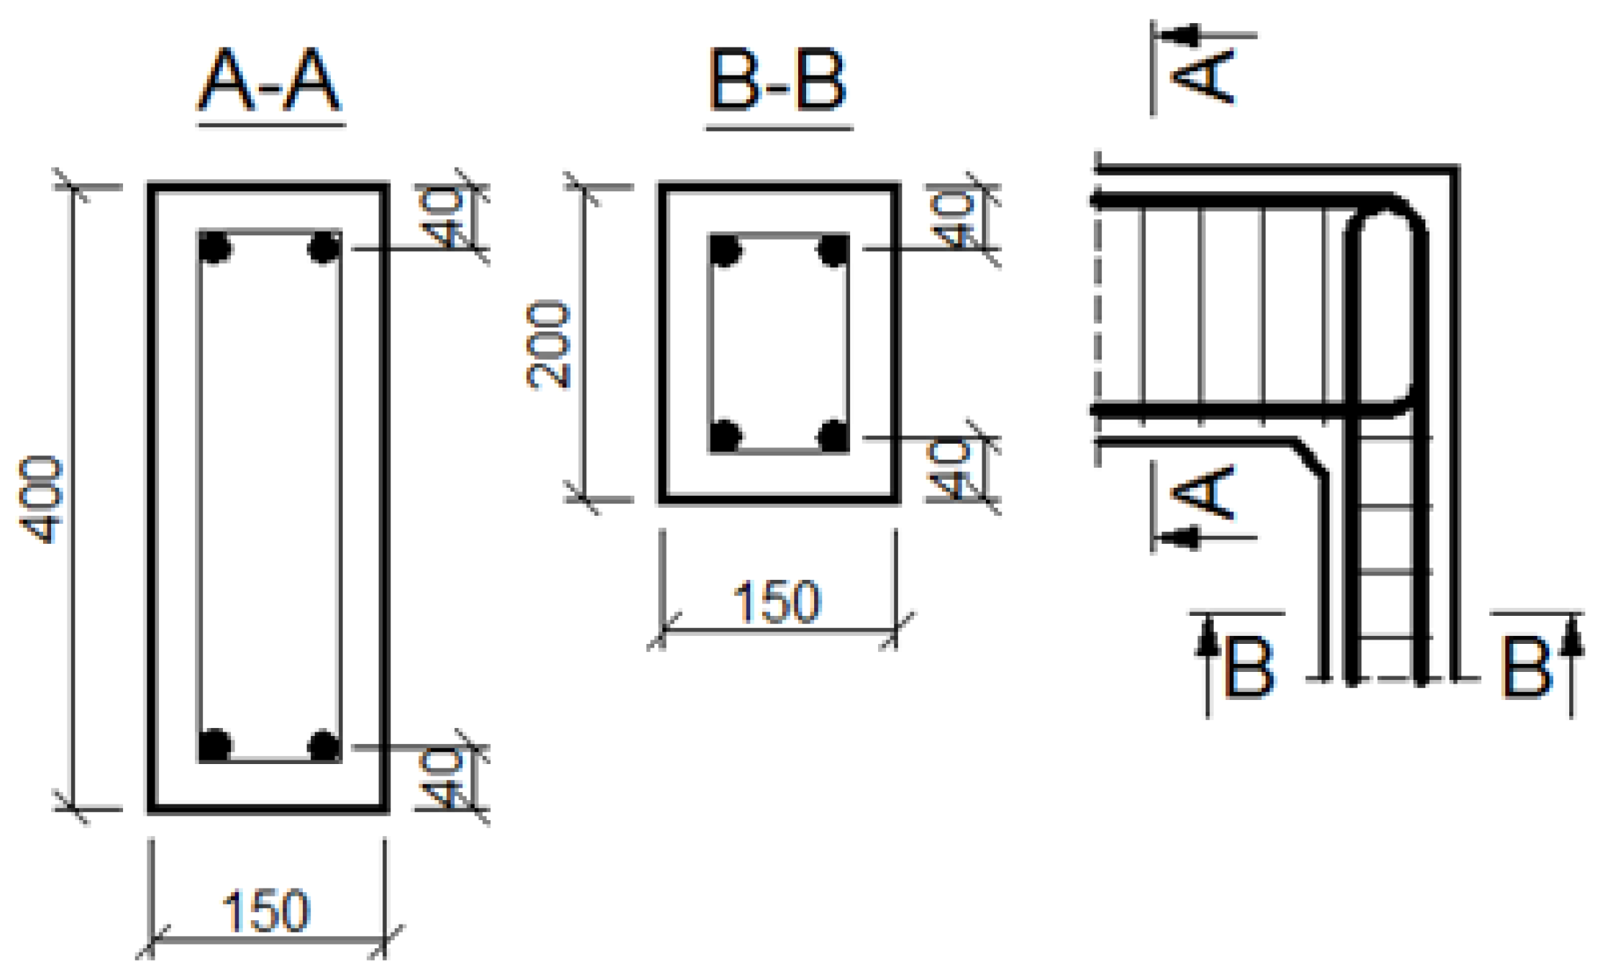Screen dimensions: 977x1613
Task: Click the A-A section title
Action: tap(269, 81)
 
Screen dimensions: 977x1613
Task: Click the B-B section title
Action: tap(778, 81)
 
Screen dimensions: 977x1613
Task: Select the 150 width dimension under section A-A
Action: tap(266, 912)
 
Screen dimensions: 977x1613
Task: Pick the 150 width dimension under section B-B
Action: tap(777, 601)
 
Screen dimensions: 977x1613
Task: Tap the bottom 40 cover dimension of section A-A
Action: tap(442, 778)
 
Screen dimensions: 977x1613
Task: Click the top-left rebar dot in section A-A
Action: tap(215, 248)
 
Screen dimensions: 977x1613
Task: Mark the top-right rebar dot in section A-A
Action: tap(324, 248)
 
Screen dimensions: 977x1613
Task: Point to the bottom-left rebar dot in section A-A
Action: tap(215, 745)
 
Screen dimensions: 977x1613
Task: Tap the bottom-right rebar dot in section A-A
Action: tap(324, 745)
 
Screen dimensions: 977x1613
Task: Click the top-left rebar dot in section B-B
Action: tap(725, 250)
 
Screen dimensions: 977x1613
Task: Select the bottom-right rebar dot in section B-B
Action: tap(834, 435)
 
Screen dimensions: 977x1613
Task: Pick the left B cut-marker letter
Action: tap(1249, 666)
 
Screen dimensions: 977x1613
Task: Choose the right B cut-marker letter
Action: tap(1525, 666)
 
